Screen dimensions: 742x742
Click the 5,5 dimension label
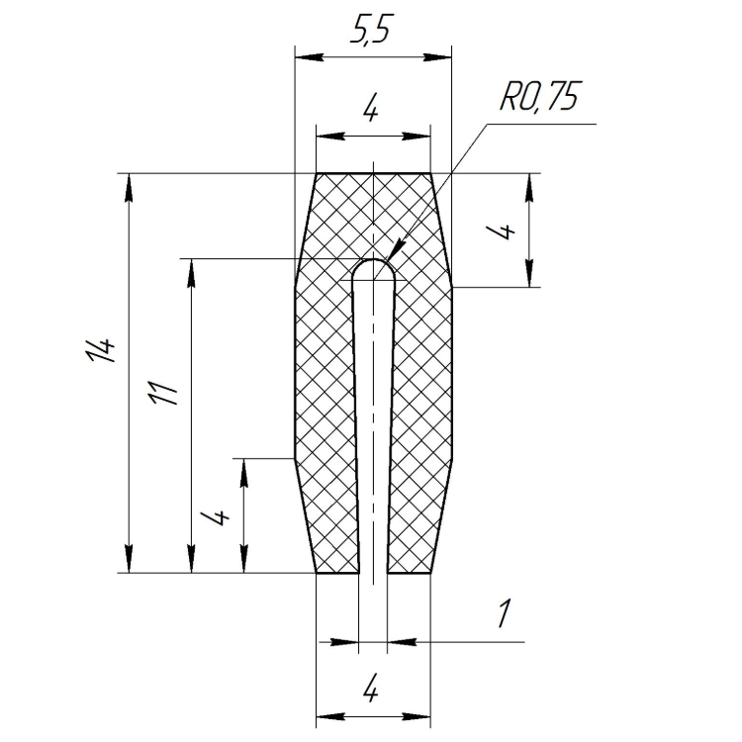[x=371, y=31]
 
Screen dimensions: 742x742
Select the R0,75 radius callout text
[x=539, y=97]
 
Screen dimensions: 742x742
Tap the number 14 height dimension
[x=100, y=349]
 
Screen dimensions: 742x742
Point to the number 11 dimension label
[x=163, y=392]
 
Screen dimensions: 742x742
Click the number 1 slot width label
[x=505, y=613]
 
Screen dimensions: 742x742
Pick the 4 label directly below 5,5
[x=371, y=111]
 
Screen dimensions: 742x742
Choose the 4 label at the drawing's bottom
[x=371, y=692]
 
